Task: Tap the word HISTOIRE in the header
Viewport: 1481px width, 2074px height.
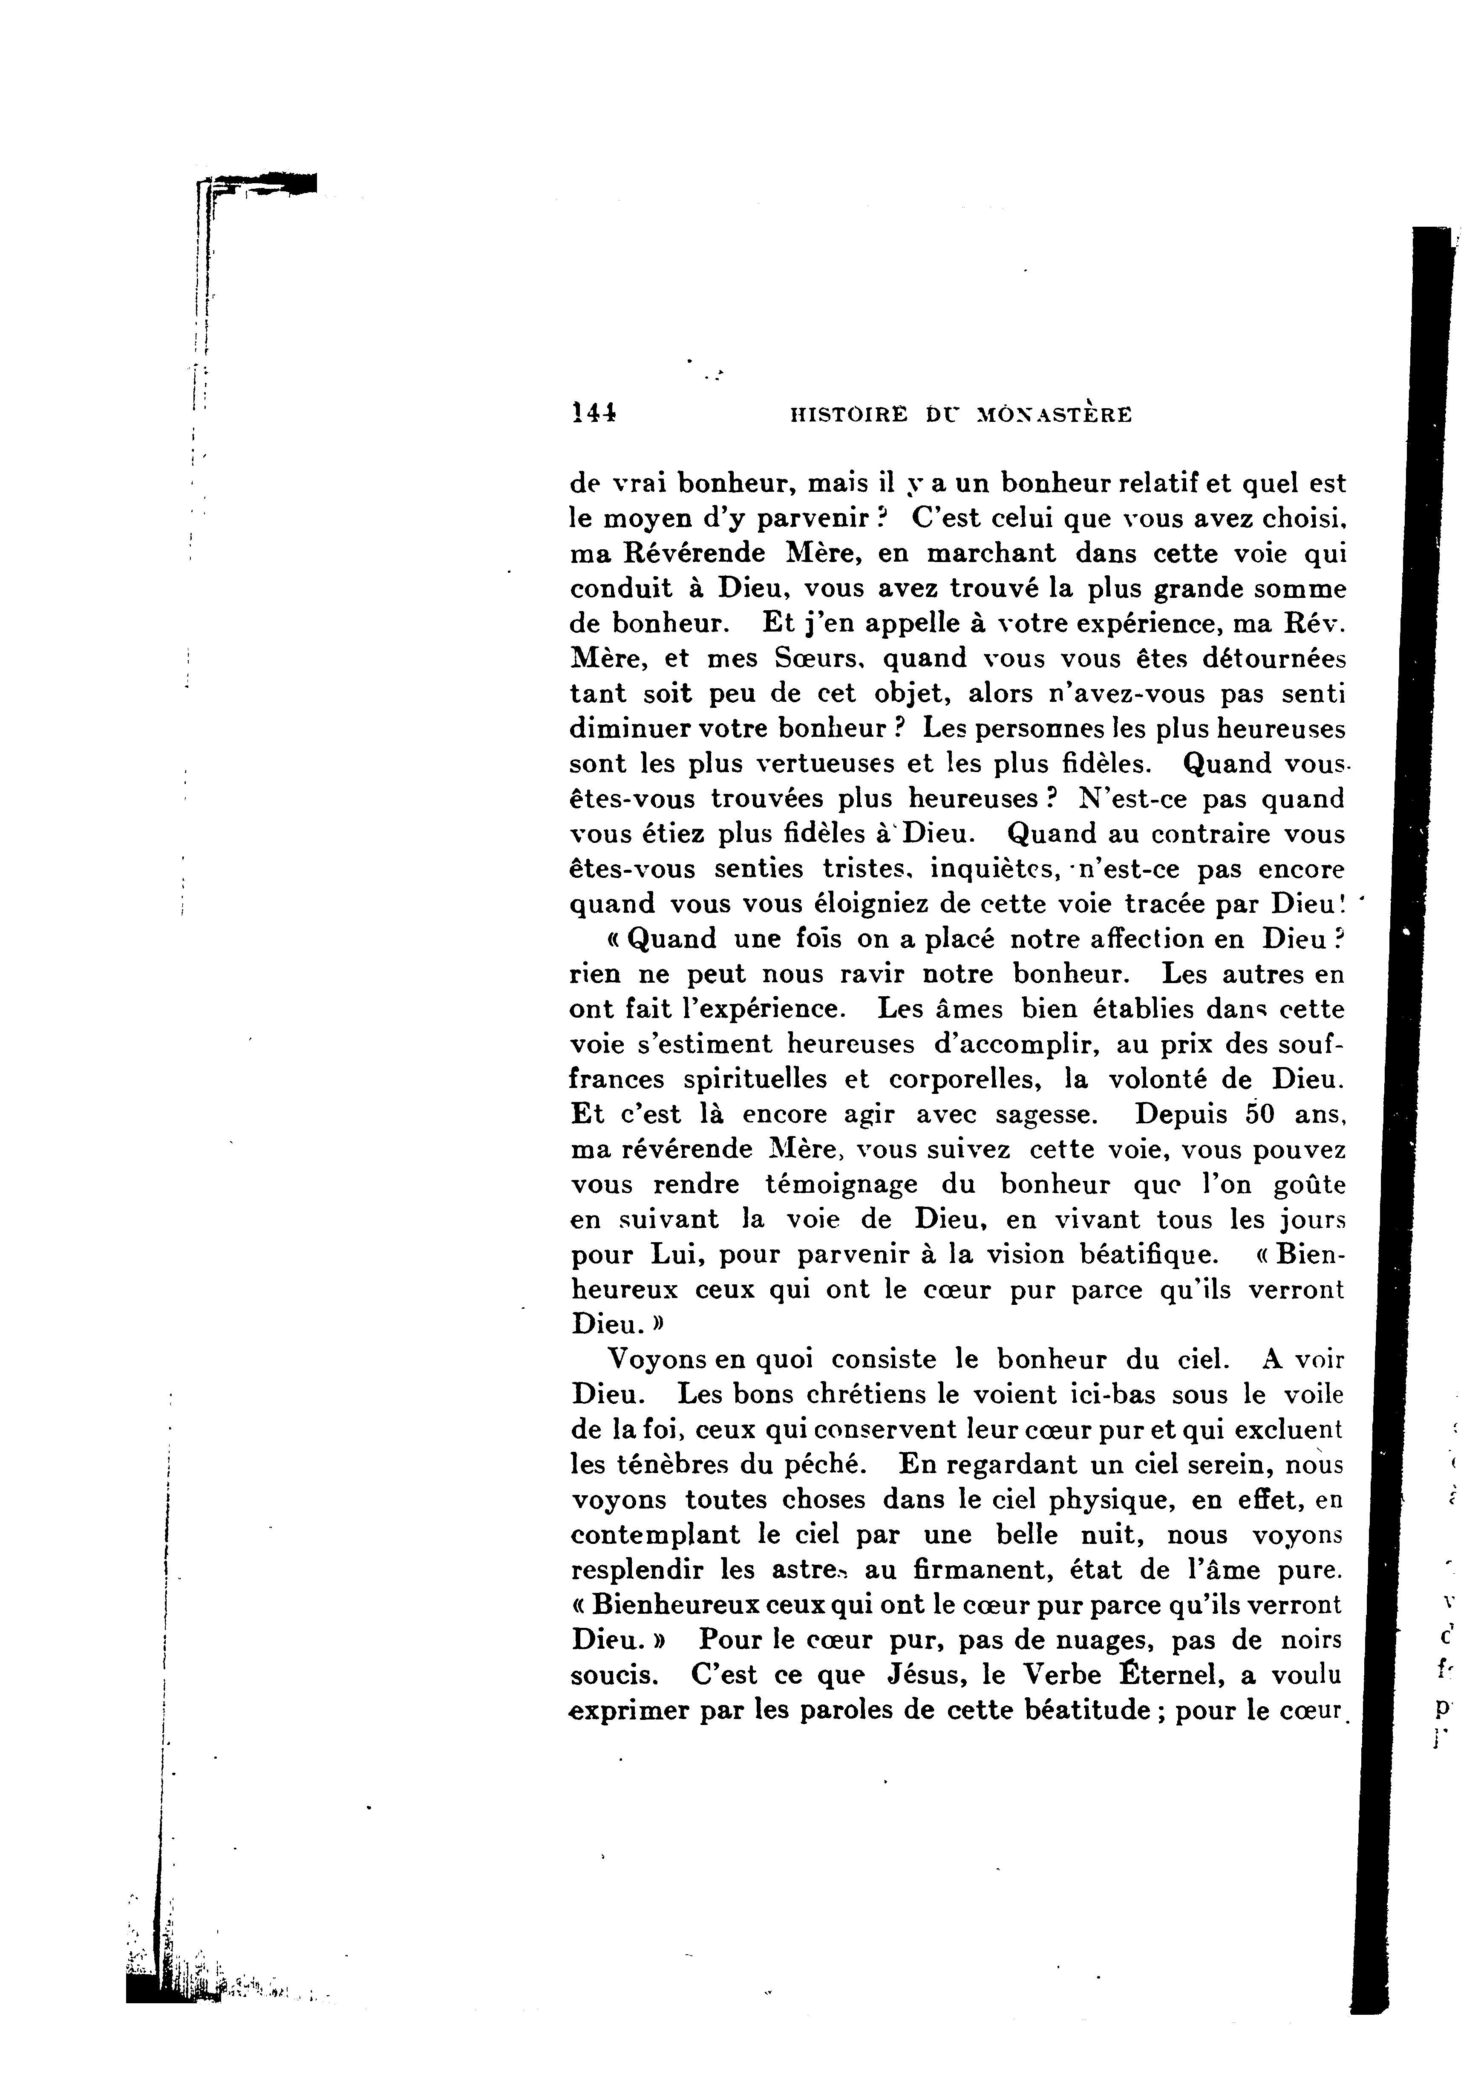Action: pyautogui.click(x=848, y=415)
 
